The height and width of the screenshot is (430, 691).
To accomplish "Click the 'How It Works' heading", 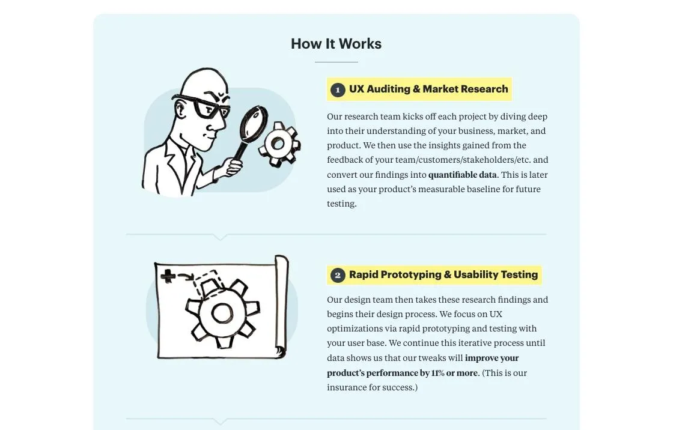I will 336,44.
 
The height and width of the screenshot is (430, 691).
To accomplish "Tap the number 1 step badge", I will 338,89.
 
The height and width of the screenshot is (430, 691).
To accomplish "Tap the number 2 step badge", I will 338,275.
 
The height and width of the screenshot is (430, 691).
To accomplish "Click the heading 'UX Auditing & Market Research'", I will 428,89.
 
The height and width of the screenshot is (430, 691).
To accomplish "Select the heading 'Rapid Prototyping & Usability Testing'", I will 443,274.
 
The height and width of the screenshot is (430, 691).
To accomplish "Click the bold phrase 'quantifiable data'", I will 462,175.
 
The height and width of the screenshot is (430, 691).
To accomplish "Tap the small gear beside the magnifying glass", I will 278,144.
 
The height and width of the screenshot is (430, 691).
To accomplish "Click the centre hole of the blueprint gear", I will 222,313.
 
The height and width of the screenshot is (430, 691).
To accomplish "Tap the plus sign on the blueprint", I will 169,276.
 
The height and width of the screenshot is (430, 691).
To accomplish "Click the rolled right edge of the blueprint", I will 281,306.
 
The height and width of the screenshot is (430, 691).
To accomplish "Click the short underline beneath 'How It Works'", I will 336,62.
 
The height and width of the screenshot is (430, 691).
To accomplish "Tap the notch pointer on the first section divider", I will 221,237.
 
